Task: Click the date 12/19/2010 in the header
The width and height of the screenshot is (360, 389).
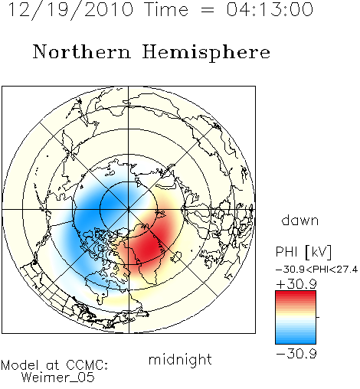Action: pos(71,10)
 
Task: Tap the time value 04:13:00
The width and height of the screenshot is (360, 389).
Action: pos(270,9)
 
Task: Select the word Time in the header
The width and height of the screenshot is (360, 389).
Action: pos(166,9)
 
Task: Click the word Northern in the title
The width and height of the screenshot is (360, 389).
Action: pos(82,51)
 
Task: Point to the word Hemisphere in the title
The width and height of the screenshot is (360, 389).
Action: pos(206,53)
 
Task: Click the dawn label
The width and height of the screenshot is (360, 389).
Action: pos(300,220)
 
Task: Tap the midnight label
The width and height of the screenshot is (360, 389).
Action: pos(180,359)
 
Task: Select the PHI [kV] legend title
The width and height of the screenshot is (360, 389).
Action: pos(303,252)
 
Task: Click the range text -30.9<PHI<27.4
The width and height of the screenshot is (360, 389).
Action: pos(316,270)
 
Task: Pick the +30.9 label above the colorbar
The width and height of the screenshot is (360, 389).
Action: pos(296,284)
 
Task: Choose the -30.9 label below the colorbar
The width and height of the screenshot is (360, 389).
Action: pos(296,354)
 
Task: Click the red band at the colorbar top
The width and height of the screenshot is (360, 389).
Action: pos(296,295)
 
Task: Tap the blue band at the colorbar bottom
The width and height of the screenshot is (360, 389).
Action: pos(296,339)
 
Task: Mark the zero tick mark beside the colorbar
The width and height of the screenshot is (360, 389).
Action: pos(318,317)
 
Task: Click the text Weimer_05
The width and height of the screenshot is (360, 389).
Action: pos(58,378)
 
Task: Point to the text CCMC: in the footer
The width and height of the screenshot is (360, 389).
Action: pos(87,365)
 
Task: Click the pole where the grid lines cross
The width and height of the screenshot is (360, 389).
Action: pos(129,210)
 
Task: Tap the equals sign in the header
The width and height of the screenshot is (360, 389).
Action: pos(208,10)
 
